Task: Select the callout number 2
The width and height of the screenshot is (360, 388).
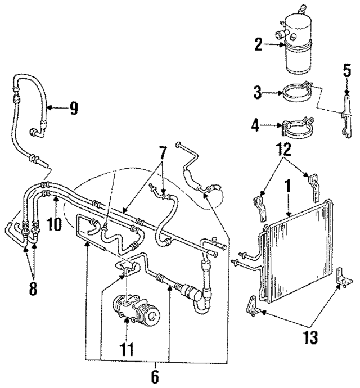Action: (258, 44)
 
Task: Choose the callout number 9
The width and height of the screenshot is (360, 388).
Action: (73, 107)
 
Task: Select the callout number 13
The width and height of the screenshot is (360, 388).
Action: (311, 337)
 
